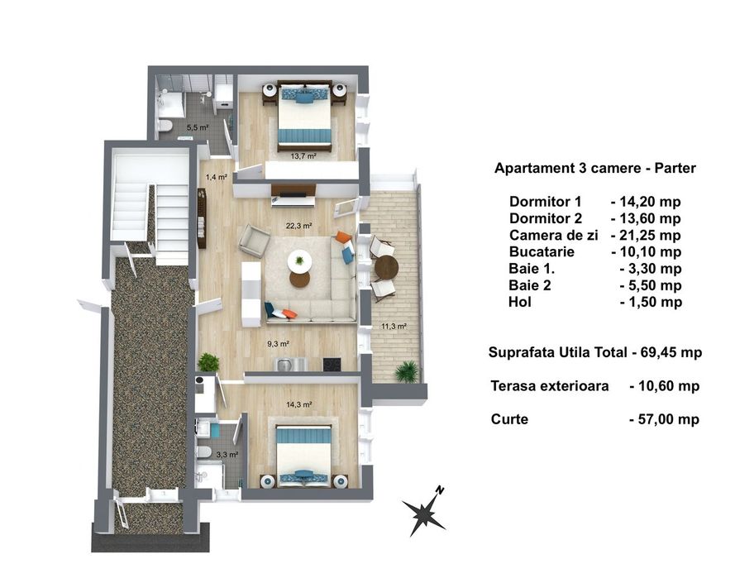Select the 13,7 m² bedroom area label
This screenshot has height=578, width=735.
click(303, 155)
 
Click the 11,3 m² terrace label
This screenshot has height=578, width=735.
click(394, 326)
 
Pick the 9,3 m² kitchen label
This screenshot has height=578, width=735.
click(276, 344)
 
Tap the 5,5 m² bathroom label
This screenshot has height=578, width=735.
click(197, 127)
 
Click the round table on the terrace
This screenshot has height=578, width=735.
click(385, 267)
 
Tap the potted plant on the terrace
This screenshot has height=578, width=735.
click(406, 371)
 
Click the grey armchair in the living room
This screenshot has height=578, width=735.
click(254, 241)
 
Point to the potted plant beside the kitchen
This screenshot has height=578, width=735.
click(208, 362)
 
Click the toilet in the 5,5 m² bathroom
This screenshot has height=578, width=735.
click(165, 126)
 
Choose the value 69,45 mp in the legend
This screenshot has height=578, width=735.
click(671, 352)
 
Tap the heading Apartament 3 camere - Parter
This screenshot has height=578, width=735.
click(594, 168)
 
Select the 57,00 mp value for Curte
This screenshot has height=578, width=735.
click(664, 419)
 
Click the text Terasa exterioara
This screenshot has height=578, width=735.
click(550, 385)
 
